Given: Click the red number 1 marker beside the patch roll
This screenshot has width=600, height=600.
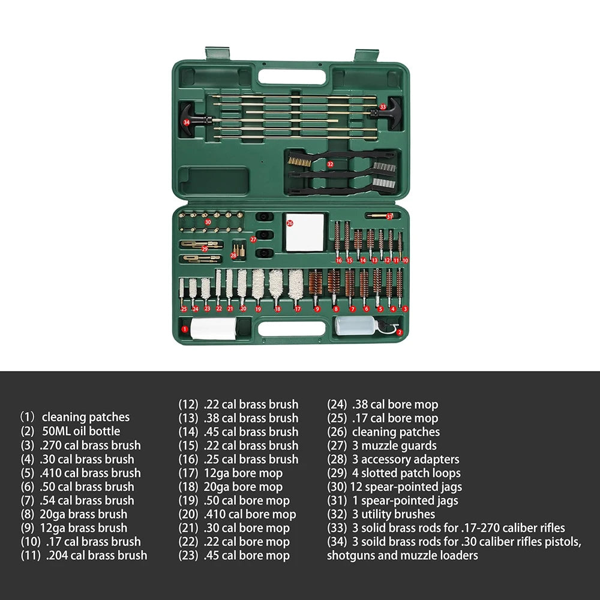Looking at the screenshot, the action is click(x=184, y=329).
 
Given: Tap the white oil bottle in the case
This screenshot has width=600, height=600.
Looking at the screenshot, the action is click(x=356, y=326).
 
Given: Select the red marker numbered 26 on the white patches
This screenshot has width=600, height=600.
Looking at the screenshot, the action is click(x=290, y=223).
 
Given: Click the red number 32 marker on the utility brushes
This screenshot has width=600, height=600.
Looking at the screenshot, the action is click(x=330, y=164).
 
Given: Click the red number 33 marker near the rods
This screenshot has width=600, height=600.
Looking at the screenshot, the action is click(x=383, y=107).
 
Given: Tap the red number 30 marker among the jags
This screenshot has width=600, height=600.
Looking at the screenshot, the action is click(x=208, y=222).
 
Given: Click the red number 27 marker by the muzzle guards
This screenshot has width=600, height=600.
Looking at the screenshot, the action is click(x=253, y=239).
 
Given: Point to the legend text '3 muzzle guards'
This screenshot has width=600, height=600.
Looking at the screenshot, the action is click(x=394, y=445).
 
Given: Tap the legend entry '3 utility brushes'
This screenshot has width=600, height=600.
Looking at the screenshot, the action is click(x=394, y=514).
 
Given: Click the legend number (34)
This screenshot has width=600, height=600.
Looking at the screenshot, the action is click(x=337, y=541).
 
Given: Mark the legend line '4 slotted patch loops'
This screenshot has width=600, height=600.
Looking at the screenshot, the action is click(x=406, y=473).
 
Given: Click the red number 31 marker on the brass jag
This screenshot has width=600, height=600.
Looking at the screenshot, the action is click(x=389, y=217).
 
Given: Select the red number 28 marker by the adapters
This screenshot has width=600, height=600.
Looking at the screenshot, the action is click(x=233, y=256).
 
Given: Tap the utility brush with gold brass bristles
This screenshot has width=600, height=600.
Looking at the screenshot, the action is click(x=341, y=158).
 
